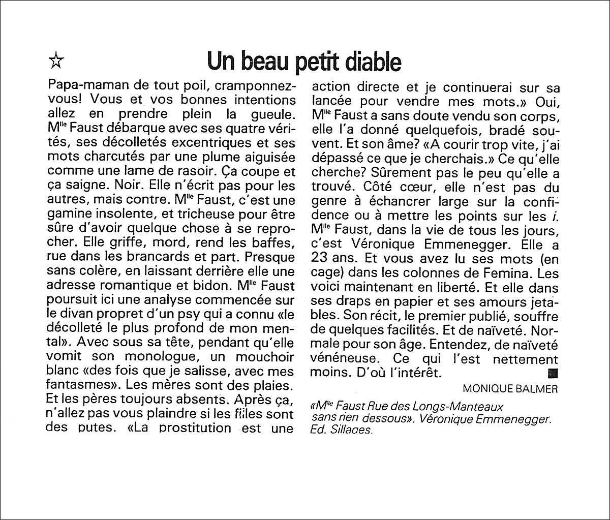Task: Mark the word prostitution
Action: (195, 427)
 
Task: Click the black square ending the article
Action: (554, 373)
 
